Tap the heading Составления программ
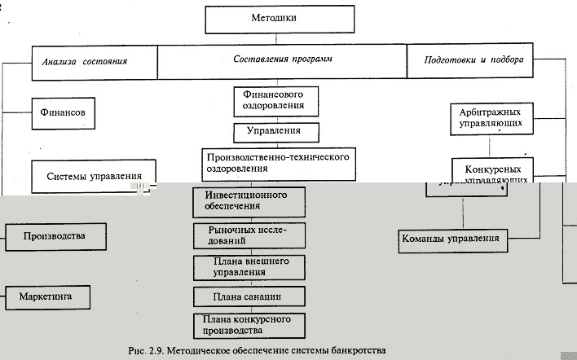(282, 60)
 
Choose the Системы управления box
(94, 175)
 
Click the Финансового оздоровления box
(275, 100)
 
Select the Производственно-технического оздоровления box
(279, 162)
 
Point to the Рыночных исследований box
(249, 236)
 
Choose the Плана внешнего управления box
(249, 266)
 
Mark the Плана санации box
(249, 295)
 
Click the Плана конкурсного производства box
(249, 324)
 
